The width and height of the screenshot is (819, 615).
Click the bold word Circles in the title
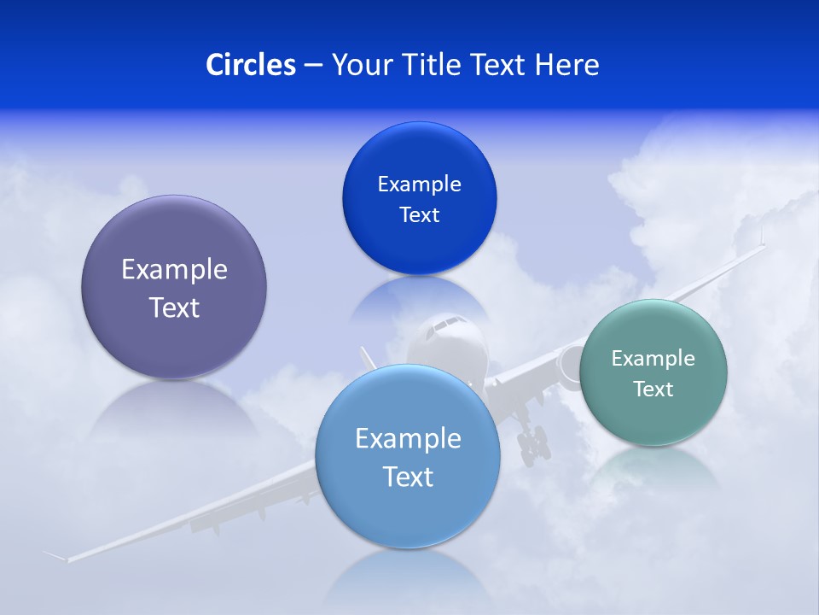[x=250, y=65]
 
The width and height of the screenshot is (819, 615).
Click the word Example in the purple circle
[x=174, y=269]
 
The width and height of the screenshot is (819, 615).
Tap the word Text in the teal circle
[x=653, y=389]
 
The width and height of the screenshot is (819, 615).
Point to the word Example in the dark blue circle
[x=419, y=184]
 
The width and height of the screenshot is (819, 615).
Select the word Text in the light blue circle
[x=408, y=477]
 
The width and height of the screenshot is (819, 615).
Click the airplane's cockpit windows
[x=444, y=325]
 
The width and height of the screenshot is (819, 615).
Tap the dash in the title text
[x=313, y=65]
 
